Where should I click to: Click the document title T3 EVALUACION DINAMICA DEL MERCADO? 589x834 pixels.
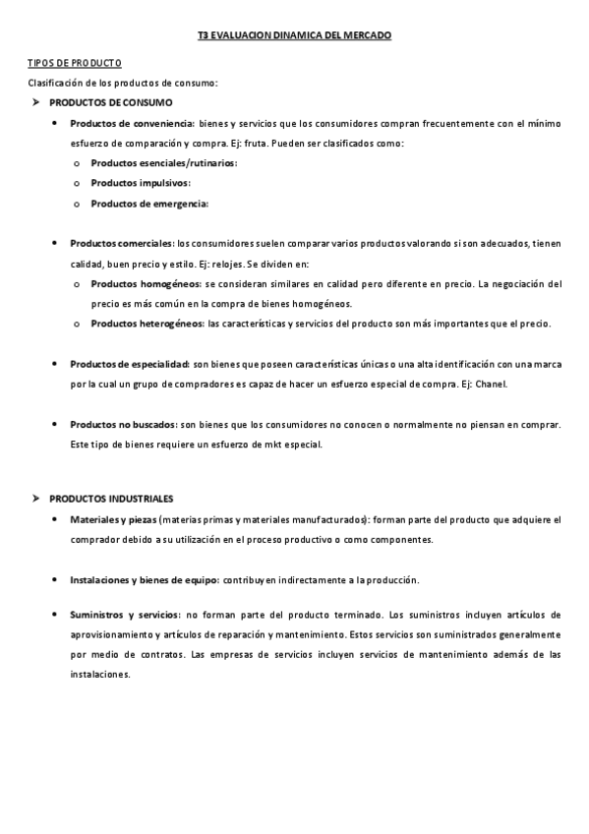tap(294, 34)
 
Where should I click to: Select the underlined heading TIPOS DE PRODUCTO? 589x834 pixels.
tap(74, 62)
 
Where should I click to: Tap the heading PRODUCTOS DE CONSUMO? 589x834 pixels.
tap(110, 102)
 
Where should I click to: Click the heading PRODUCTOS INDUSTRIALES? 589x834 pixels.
tap(111, 499)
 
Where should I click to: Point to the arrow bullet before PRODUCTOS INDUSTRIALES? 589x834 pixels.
tap(34, 499)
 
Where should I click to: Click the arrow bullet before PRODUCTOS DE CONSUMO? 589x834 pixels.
tap(34, 102)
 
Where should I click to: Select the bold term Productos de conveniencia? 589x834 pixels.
tap(132, 123)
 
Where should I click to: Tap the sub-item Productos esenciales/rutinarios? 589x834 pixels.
tap(163, 163)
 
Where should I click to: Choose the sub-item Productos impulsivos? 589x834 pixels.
tap(141, 183)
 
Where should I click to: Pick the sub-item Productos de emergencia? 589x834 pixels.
tap(149, 204)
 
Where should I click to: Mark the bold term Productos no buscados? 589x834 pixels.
tap(123, 424)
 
